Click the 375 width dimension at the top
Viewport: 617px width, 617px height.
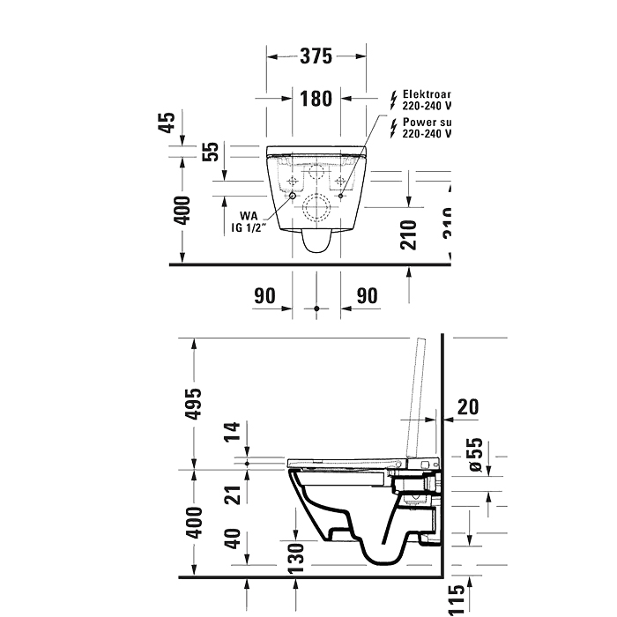point(316,56)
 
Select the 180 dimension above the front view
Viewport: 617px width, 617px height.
point(316,98)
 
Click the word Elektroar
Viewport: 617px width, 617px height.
point(427,93)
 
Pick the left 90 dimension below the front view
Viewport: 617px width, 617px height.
point(265,295)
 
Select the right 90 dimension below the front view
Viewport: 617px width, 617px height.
point(366,295)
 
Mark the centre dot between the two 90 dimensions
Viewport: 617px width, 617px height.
point(316,308)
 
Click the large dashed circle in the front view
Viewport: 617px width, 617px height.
point(316,209)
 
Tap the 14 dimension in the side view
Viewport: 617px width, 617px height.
point(232,432)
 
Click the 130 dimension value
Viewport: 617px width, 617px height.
point(297,554)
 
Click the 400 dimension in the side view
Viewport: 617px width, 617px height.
point(196,521)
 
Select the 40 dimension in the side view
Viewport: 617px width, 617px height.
point(232,538)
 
